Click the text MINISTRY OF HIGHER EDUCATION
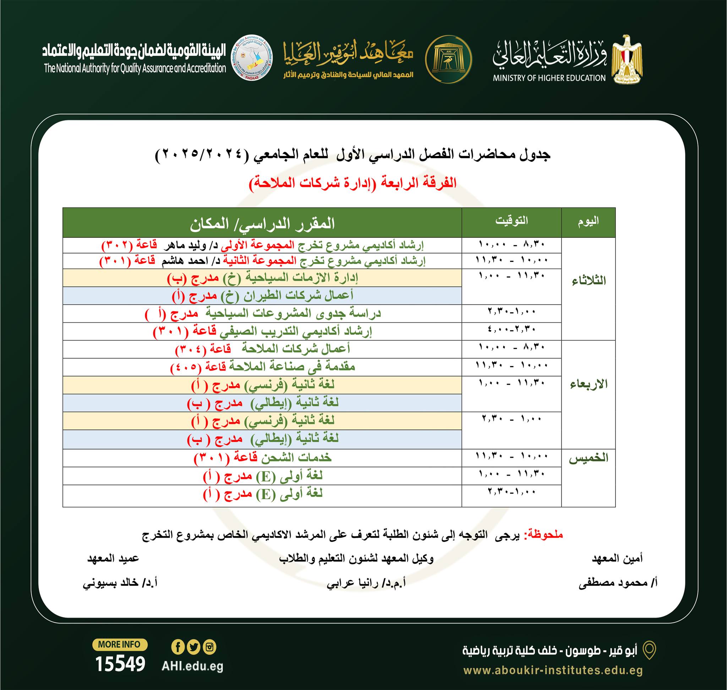point(549,78)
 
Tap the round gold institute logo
point(448,59)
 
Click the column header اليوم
point(588,221)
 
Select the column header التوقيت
point(511,221)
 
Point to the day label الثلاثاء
point(589,281)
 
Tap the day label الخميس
point(589,458)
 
